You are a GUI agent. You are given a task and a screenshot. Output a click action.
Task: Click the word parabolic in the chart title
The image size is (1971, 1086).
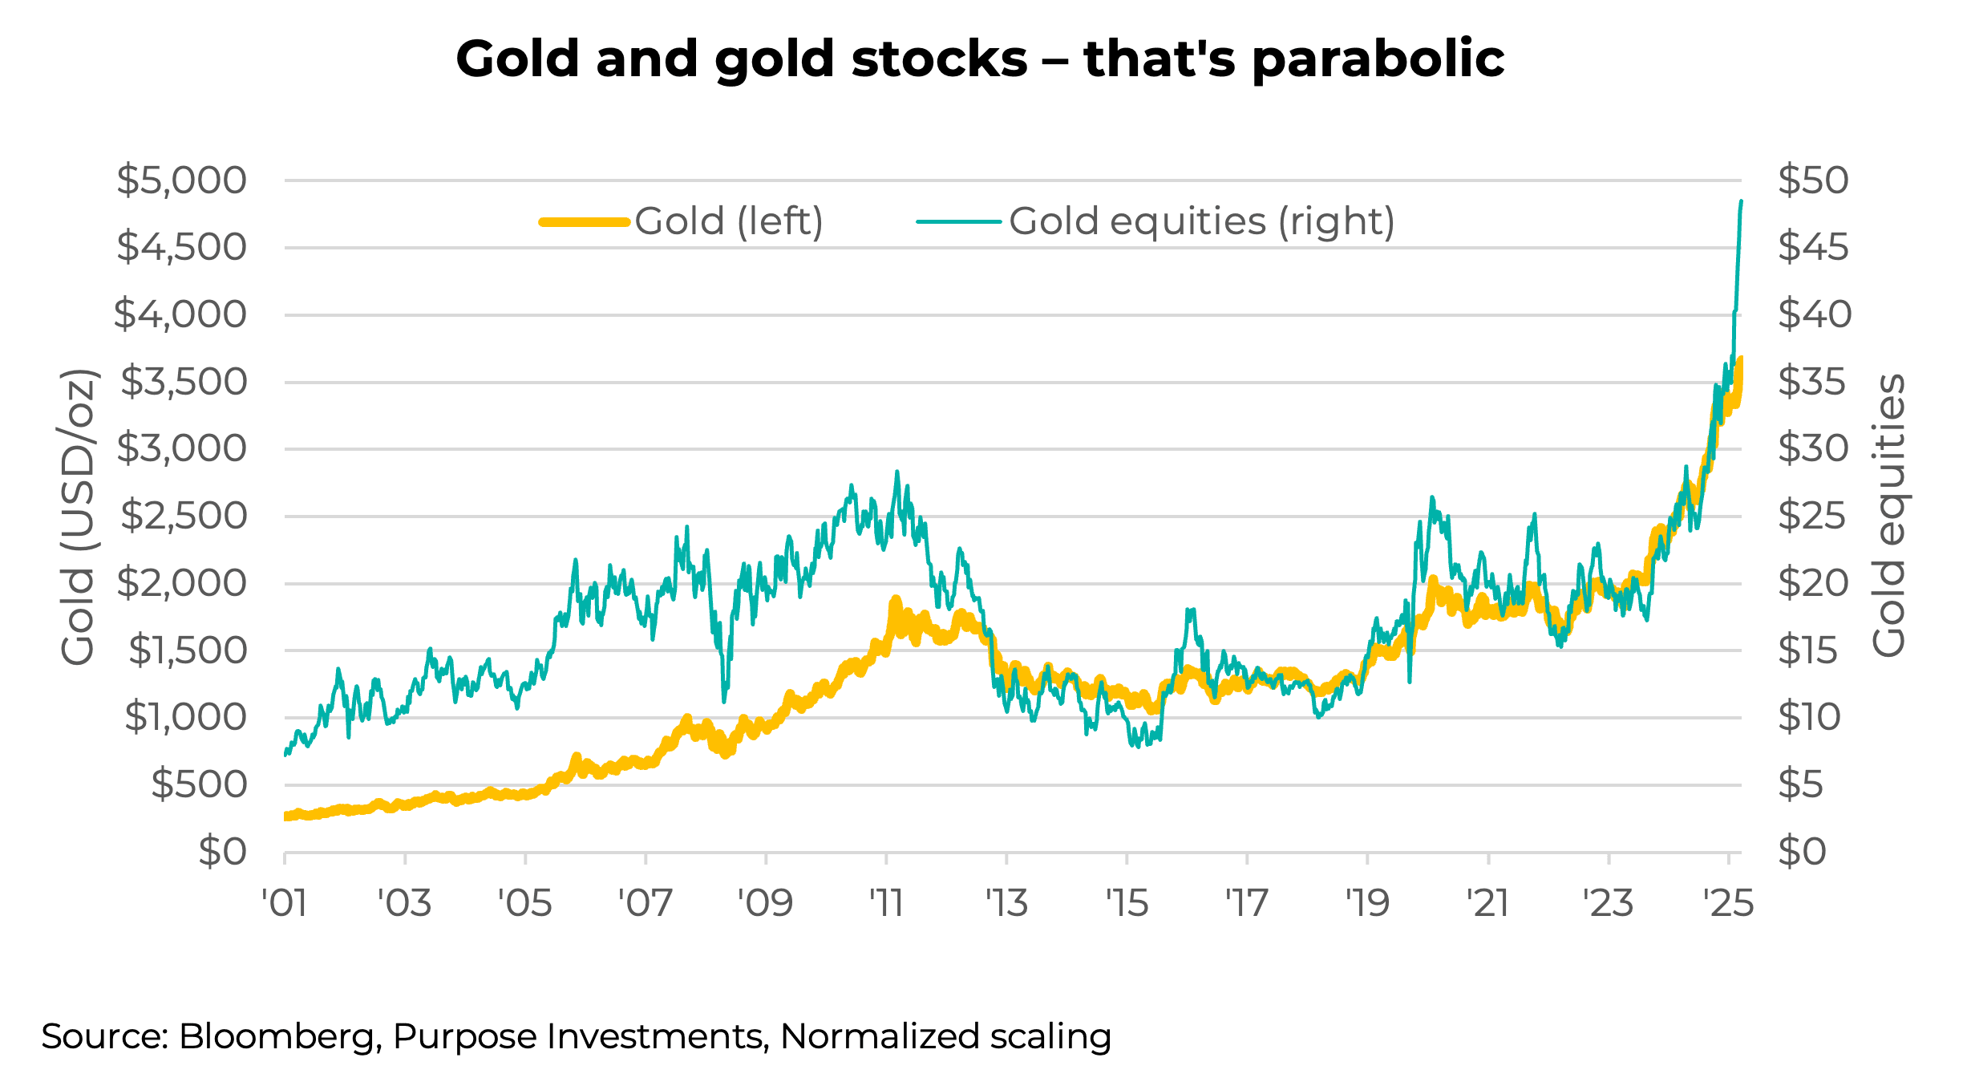click(x=1378, y=60)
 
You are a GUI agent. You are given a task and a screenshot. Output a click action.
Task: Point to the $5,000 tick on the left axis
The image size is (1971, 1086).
click(x=182, y=180)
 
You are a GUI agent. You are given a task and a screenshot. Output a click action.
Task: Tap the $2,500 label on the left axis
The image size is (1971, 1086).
click(x=184, y=516)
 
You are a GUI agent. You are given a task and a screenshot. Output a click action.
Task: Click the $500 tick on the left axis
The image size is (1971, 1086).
click(x=199, y=784)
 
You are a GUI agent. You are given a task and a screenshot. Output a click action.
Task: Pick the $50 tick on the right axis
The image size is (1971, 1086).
click(x=1813, y=180)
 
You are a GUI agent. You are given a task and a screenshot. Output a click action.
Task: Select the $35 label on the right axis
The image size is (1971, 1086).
click(x=1811, y=382)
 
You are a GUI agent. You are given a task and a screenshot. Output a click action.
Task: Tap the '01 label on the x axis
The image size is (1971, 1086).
click(x=285, y=904)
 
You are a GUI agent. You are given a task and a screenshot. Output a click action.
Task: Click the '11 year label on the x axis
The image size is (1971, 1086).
click(x=886, y=904)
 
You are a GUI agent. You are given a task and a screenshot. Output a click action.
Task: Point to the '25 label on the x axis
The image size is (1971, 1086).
click(x=1728, y=904)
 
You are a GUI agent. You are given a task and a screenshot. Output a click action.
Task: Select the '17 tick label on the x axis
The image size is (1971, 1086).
click(x=1247, y=904)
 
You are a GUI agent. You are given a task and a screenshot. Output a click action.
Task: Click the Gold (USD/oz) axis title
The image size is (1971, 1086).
click(x=79, y=517)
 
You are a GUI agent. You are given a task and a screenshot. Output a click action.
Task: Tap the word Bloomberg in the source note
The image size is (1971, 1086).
click(x=277, y=1036)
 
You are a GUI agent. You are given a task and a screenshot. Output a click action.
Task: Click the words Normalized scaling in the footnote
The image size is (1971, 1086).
click(x=945, y=1036)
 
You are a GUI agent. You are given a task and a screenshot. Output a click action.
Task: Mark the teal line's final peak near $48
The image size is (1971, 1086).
click(x=1741, y=201)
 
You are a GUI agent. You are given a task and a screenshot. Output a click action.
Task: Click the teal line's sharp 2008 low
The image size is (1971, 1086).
click(x=724, y=701)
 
